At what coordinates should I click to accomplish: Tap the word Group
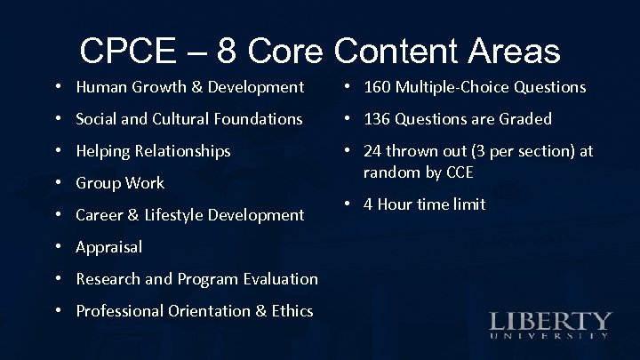click(98, 183)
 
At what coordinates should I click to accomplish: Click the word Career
click(100, 215)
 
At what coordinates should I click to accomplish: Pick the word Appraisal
click(108, 247)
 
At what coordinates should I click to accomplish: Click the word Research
click(109, 279)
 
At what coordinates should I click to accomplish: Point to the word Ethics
click(290, 311)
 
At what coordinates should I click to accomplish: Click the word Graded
click(523, 119)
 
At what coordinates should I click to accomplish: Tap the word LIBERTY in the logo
click(551, 321)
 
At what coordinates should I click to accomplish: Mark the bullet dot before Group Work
click(58, 183)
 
